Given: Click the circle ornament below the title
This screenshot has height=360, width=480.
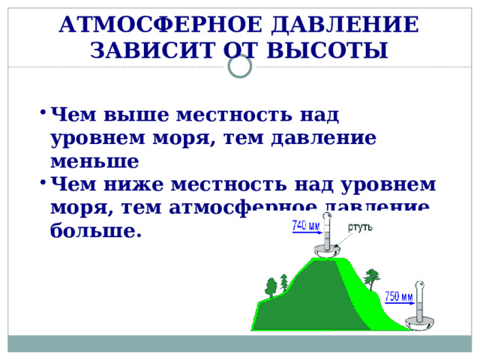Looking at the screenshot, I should pos(239,69).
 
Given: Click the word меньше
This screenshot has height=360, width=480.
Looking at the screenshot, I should pos(94,162).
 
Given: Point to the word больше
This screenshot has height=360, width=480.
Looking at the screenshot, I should pos(95,230).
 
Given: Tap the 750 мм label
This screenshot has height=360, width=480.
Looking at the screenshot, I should pos(398,296).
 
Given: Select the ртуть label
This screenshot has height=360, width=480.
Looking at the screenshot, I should pos(361,226).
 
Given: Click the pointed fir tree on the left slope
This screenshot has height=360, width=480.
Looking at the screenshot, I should pos(284,282).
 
